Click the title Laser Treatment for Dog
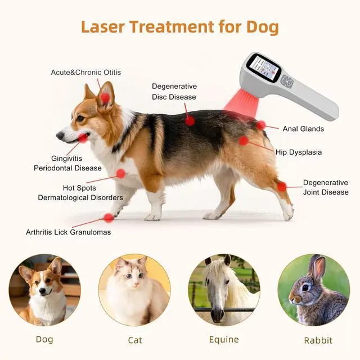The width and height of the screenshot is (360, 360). click(x=179, y=26)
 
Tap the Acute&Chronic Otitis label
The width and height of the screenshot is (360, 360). click(x=85, y=73)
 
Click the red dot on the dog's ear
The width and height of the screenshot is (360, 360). click(x=105, y=98)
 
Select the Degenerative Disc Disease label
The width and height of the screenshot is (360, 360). click(x=174, y=92)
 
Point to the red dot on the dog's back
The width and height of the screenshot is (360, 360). click(x=190, y=120)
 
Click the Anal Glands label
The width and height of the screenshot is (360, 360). click(x=303, y=129)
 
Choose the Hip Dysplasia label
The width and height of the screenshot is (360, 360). click(x=299, y=152)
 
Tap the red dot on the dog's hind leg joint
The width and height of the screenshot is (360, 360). click(x=281, y=186)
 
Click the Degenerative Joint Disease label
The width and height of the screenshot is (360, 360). click(x=326, y=187)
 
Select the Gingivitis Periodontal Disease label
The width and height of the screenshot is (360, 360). click(x=67, y=163)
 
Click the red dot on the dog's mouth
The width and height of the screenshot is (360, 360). click(x=83, y=137)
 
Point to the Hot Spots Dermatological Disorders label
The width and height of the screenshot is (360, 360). click(x=80, y=192)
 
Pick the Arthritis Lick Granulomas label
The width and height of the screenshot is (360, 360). click(x=68, y=232)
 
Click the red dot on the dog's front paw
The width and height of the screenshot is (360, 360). click(x=109, y=218)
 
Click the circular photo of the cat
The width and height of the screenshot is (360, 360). click(x=134, y=290)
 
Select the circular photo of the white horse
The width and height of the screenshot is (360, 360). click(x=224, y=290)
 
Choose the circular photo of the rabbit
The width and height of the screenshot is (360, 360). click(x=314, y=290)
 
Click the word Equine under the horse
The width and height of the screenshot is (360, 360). click(x=224, y=339)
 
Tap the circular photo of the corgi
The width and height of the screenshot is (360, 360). click(x=45, y=290)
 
